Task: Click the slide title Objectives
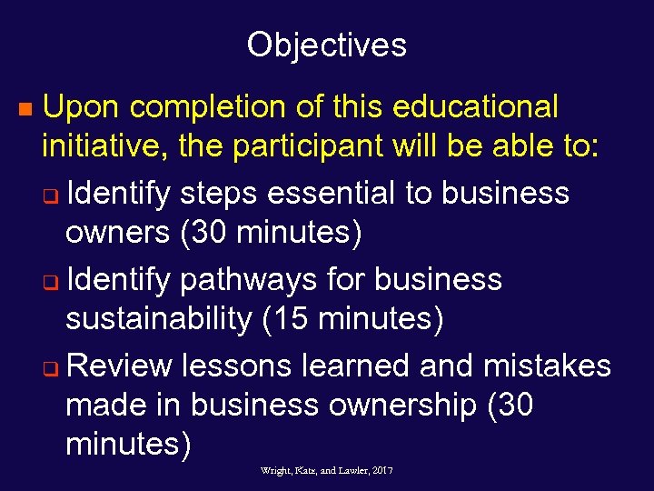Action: tap(326, 45)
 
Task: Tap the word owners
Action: tap(117, 234)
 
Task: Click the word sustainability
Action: tap(162, 319)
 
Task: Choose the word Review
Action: tap(119, 365)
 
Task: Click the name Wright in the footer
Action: tap(275, 470)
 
